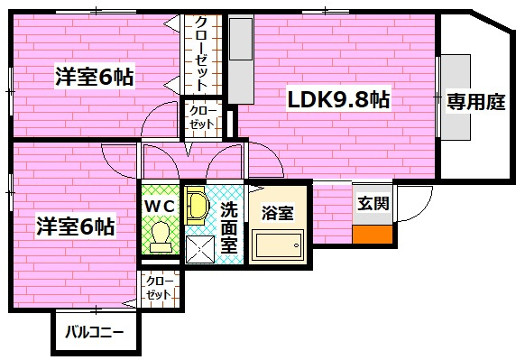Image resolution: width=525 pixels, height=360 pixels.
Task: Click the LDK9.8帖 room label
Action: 338,100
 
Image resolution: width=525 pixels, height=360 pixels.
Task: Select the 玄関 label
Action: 373,204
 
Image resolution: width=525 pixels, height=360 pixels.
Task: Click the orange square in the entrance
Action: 373,234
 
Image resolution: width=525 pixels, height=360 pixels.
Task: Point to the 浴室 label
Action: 277,214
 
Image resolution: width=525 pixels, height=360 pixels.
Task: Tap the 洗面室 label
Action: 230,226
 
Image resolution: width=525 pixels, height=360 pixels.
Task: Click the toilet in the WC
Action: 161,237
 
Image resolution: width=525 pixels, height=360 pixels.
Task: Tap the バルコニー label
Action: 94,332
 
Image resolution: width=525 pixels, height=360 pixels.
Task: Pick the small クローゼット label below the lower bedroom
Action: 159,289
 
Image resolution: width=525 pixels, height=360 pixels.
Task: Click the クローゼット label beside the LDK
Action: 201,117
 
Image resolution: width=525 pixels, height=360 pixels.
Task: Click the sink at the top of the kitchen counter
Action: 241,38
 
